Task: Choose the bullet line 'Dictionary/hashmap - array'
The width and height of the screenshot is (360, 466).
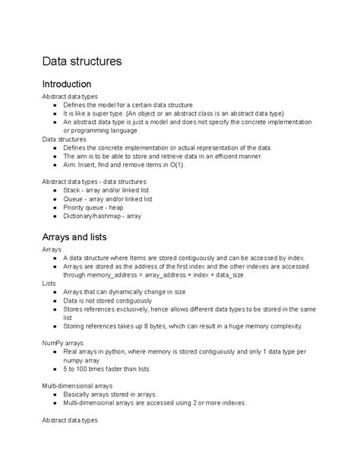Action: (x=102, y=216)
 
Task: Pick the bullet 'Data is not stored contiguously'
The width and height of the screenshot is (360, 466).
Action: (x=107, y=300)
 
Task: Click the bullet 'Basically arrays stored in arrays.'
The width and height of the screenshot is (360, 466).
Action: (x=110, y=395)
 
